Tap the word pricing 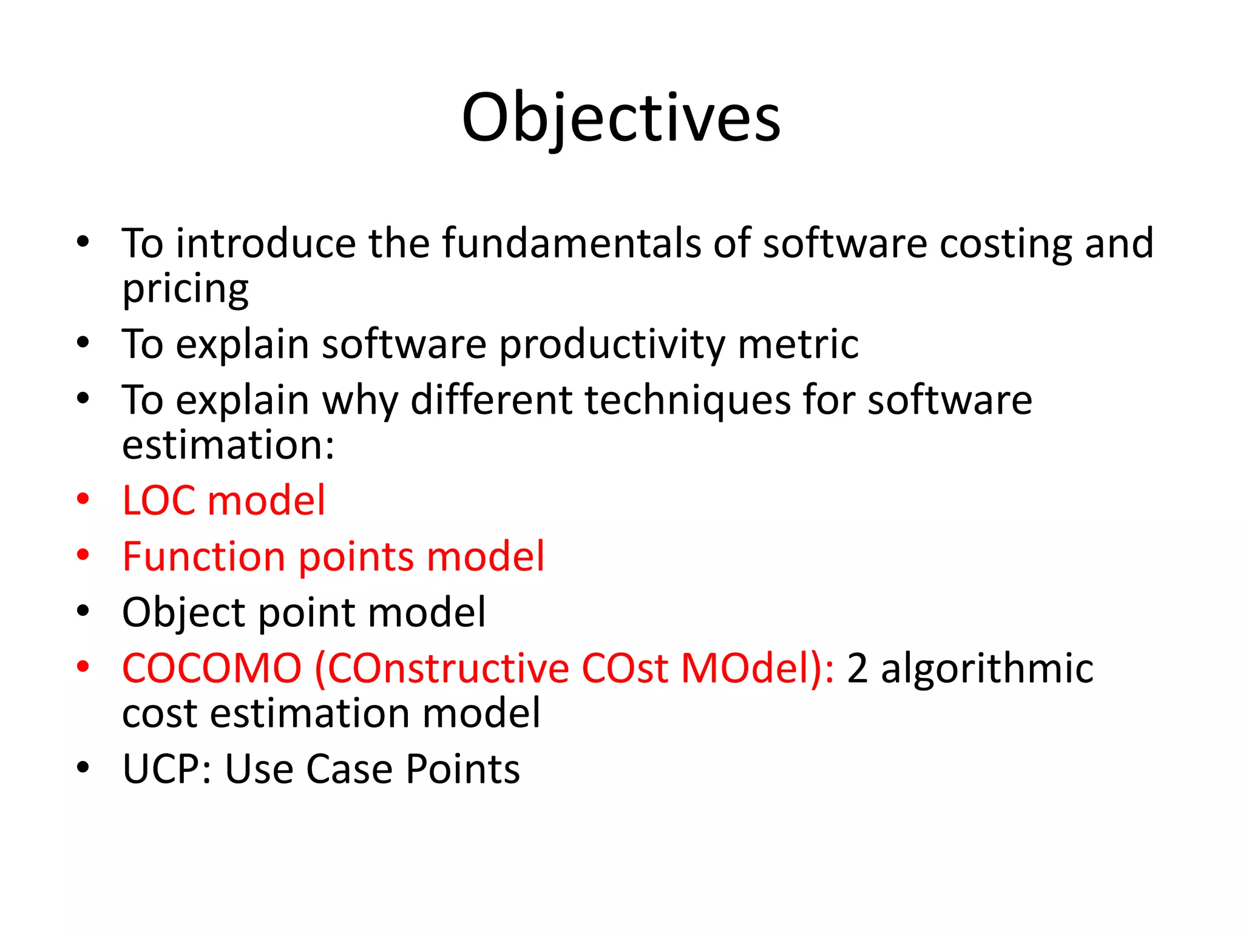pyautogui.click(x=185, y=289)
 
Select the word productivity pyautogui.click(x=612, y=345)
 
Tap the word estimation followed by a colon pyautogui.click(x=228, y=445)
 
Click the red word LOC pyautogui.click(x=159, y=501)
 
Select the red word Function pyautogui.click(x=203, y=557)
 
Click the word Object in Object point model pyautogui.click(x=184, y=613)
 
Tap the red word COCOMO pyautogui.click(x=212, y=669)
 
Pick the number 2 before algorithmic pyautogui.click(x=856, y=669)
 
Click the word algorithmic pyautogui.click(x=987, y=669)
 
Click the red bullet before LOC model pyautogui.click(x=83, y=499)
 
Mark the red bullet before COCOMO pyautogui.click(x=83, y=667)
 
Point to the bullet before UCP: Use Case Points pyautogui.click(x=83, y=768)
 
